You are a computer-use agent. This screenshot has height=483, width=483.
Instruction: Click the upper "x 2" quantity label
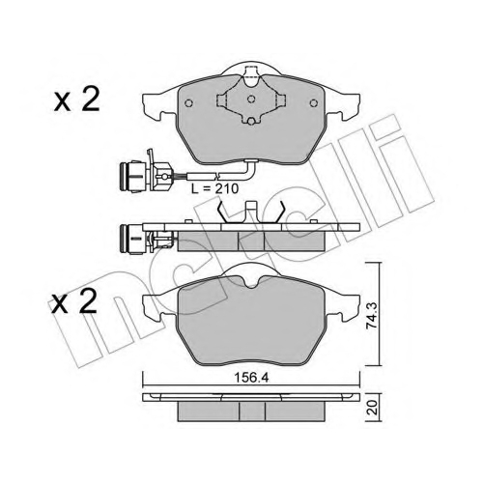(76, 99)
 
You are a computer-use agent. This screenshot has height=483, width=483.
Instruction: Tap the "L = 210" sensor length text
(214, 188)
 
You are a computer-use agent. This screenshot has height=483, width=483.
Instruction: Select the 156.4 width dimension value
(251, 378)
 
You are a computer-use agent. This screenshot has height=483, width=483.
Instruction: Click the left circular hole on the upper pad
(189, 103)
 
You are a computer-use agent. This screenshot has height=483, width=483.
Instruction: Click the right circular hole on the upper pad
(313, 103)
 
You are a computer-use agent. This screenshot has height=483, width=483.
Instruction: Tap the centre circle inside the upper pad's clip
(251, 99)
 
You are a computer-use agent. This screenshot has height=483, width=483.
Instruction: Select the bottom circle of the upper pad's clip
(251, 121)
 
